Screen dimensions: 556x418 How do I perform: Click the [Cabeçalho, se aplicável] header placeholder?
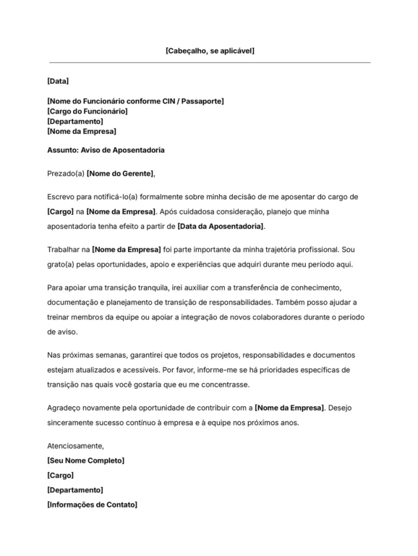[x=209, y=51]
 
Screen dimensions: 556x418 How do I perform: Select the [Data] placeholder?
[x=58, y=80]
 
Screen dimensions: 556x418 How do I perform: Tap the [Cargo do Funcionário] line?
[x=88, y=111]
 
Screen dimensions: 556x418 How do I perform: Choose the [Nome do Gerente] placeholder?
[x=120, y=174]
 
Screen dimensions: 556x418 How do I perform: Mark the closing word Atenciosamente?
[x=75, y=446]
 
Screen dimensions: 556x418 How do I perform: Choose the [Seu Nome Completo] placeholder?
[x=85, y=460]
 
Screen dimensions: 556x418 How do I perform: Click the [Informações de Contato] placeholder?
[x=92, y=504]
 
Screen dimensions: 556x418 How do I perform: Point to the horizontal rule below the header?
[x=209, y=63]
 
